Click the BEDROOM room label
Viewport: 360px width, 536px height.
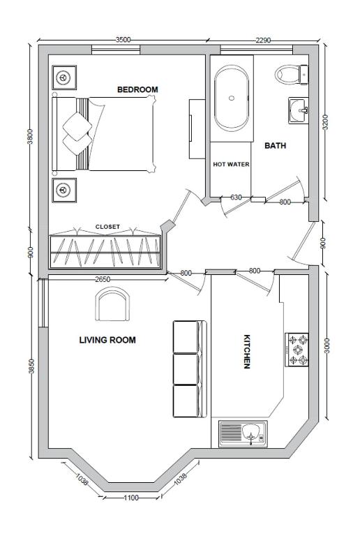137,89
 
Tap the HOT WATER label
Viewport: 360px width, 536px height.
231,165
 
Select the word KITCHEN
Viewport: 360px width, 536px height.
246,352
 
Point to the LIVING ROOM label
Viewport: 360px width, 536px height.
107,340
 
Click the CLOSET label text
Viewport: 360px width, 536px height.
107,227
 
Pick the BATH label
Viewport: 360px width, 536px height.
276,146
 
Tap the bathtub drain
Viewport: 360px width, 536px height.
232,98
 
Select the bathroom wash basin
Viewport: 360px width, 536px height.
299,110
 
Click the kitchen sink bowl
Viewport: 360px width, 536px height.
251,433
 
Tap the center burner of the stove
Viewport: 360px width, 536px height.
297,350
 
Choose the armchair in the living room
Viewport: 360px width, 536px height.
112,304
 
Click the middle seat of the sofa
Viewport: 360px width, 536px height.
187,369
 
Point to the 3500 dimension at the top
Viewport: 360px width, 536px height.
123,40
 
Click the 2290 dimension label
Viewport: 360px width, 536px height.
263,40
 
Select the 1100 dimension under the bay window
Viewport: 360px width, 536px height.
131,498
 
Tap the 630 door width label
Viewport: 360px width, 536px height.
236,198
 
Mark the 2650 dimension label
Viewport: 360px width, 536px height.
103,279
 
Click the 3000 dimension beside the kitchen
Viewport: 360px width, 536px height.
327,346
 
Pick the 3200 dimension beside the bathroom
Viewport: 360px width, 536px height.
325,122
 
